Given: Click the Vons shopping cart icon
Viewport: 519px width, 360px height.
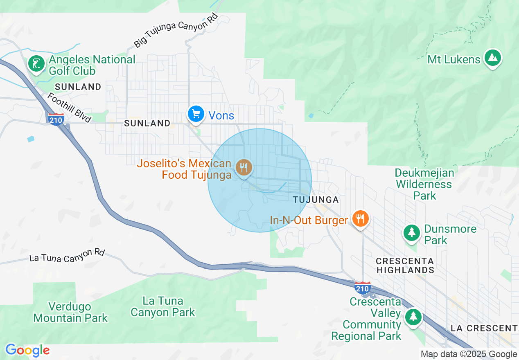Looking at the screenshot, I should [x=196, y=114].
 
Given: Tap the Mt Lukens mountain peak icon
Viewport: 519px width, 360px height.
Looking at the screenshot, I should [x=492, y=59].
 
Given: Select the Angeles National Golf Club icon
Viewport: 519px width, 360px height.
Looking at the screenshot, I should [x=36, y=64].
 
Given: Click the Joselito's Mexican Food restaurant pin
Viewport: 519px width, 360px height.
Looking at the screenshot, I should [x=244, y=167].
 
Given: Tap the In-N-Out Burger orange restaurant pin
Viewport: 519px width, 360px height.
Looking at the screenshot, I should [x=360, y=219].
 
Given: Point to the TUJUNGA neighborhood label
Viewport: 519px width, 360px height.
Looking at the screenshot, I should [x=316, y=200].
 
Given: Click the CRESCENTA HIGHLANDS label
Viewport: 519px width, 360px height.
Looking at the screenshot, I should [x=405, y=265].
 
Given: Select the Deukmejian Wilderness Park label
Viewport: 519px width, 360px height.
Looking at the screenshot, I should [x=424, y=184].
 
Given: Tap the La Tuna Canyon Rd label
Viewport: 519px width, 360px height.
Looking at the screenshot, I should [x=67, y=255].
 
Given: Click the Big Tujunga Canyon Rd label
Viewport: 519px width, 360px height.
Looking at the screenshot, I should [x=176, y=31].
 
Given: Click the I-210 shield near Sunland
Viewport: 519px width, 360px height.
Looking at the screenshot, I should [x=56, y=119].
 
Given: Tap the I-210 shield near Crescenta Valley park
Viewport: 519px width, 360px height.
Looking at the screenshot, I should [x=362, y=288].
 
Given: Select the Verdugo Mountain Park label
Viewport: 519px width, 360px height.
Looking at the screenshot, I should [x=70, y=312].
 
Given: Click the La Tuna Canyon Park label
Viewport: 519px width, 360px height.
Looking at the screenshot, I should [x=163, y=307].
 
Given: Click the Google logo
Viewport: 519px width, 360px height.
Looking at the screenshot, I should [x=27, y=351].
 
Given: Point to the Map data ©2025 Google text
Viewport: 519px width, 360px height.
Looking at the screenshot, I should [x=469, y=354].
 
